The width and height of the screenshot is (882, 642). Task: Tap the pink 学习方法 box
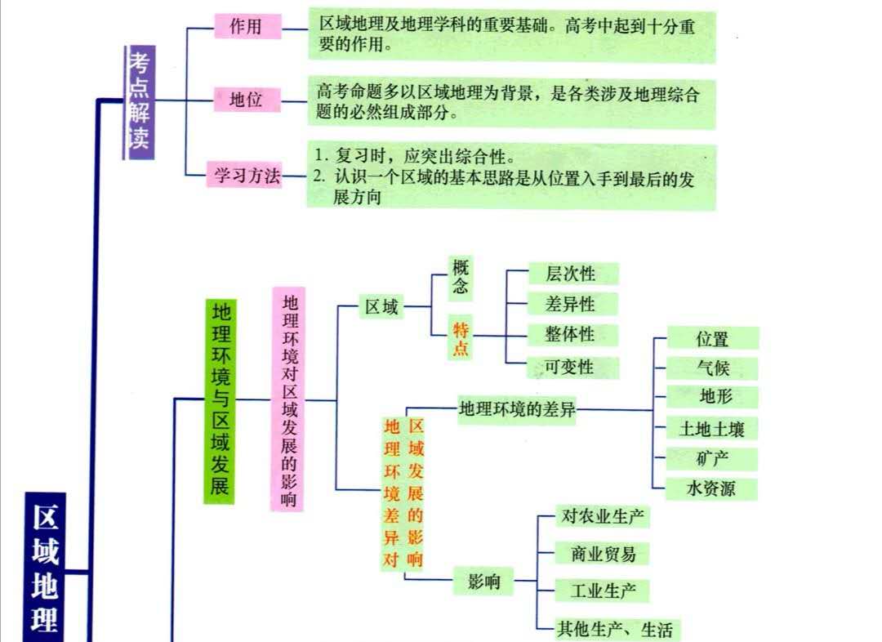247,175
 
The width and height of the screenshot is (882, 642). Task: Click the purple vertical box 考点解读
139,103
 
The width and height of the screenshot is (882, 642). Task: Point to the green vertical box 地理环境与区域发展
219,400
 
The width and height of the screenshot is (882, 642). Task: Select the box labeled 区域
382,307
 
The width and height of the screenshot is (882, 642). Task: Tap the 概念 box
461,278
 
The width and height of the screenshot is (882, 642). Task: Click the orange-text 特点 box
461,338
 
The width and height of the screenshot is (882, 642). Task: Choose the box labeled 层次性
571,274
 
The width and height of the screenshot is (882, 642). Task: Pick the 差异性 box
571,304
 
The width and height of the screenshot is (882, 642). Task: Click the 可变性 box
571,368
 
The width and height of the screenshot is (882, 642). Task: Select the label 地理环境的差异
517,409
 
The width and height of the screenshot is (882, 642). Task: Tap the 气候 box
713,368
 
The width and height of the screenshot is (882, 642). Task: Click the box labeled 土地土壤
712,428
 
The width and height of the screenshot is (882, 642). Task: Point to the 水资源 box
712,488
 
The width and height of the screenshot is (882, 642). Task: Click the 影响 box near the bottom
483,582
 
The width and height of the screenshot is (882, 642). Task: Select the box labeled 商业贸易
604,554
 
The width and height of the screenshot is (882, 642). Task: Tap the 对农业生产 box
604,516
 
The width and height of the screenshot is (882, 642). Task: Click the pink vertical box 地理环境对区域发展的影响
288,399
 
